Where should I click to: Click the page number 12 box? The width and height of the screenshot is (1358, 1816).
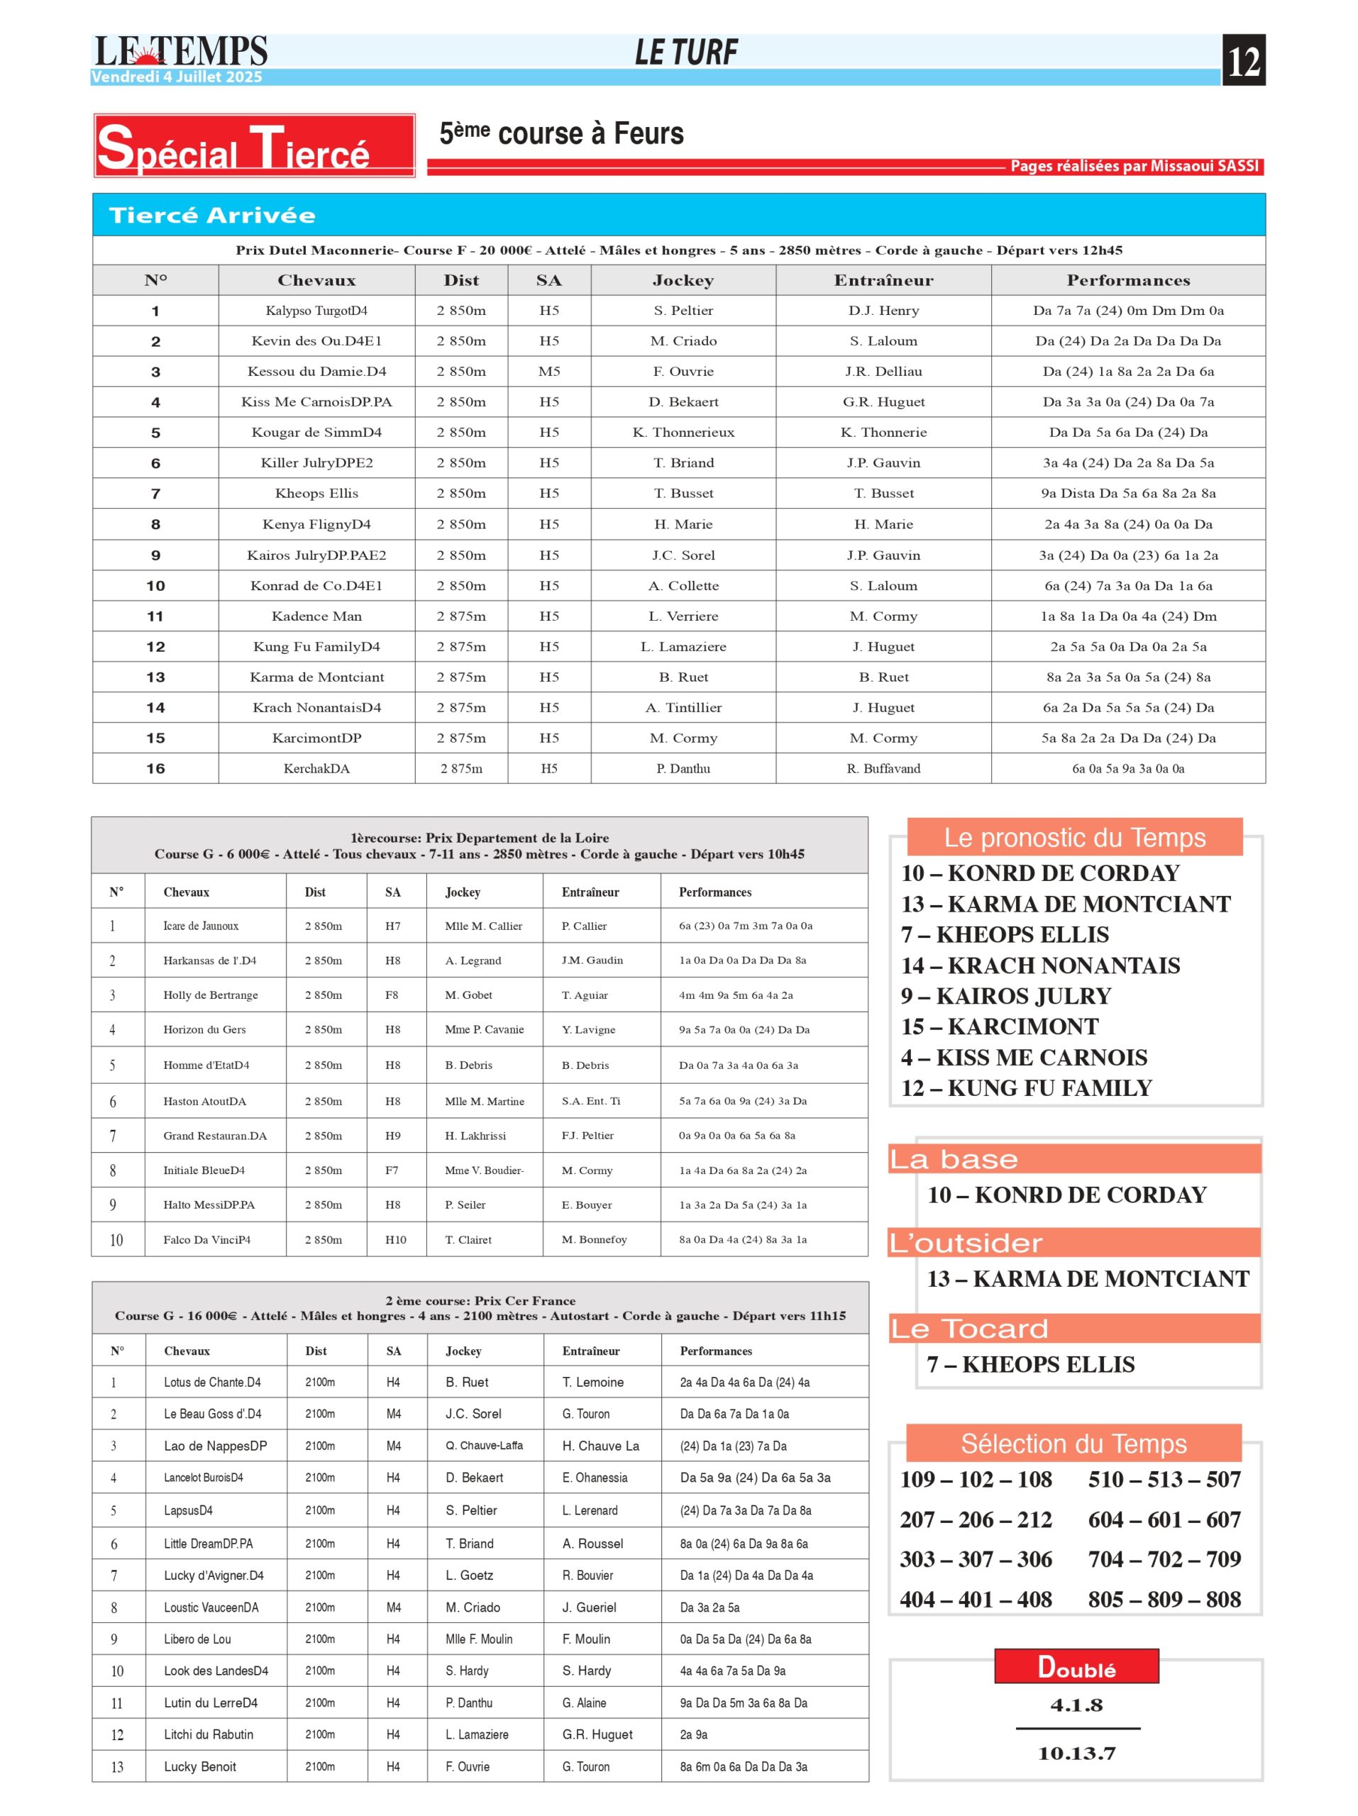(x=1243, y=60)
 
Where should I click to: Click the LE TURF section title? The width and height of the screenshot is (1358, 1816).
(x=685, y=52)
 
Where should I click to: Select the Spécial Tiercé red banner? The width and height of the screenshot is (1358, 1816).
(x=254, y=146)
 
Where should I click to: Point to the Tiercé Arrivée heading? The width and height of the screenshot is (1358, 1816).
(x=212, y=215)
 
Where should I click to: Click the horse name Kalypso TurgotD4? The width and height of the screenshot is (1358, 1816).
(x=316, y=310)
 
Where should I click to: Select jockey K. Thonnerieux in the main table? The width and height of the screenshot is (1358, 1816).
(x=683, y=433)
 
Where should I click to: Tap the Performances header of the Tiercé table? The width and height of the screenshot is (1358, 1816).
(x=1127, y=280)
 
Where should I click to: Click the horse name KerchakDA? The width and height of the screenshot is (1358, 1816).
(x=316, y=768)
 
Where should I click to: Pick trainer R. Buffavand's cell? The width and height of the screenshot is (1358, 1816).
(x=883, y=768)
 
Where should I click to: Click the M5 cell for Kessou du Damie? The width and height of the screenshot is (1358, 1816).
(x=548, y=371)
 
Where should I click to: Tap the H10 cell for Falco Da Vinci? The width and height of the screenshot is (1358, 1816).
(x=395, y=1240)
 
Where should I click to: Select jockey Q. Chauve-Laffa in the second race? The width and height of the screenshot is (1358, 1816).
(x=484, y=1446)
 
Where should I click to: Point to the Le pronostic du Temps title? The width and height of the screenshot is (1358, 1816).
(x=1074, y=837)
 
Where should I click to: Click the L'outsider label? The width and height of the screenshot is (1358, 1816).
(x=966, y=1243)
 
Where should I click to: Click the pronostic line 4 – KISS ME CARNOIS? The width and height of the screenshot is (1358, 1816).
(x=1023, y=1058)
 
